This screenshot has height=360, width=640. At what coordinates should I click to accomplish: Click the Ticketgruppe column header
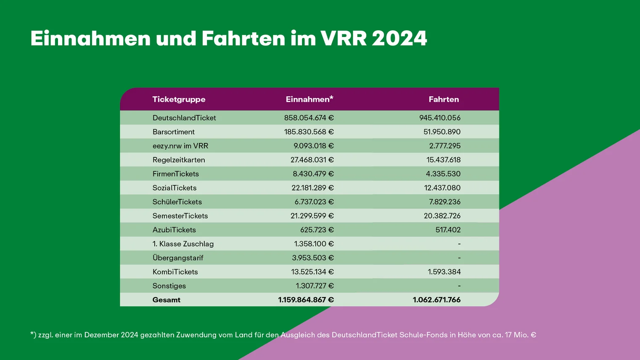(x=179, y=99)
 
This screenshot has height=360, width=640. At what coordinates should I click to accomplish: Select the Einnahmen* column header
(x=309, y=99)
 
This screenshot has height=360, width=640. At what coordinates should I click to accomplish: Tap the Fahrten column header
(x=444, y=99)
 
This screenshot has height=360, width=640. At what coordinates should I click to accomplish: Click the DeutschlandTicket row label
(x=184, y=118)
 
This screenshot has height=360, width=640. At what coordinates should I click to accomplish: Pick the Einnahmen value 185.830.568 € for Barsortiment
(x=309, y=132)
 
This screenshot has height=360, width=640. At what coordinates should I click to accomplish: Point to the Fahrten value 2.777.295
(x=444, y=146)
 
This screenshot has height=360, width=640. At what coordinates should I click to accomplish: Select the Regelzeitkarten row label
(x=179, y=160)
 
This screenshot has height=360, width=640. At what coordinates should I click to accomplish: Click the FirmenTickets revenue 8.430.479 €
(x=313, y=174)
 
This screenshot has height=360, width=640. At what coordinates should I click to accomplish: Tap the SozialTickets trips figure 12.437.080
(x=442, y=188)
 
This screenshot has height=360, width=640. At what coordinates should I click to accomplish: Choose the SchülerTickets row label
(x=177, y=202)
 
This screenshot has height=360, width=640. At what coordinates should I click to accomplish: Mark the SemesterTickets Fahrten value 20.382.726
(x=442, y=216)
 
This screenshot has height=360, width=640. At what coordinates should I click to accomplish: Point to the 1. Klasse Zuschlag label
(x=183, y=244)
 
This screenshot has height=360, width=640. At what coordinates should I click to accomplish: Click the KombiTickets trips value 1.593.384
(x=444, y=272)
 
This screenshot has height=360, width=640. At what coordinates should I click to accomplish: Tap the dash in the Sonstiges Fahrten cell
(x=459, y=286)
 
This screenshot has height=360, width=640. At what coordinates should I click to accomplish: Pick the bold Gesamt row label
(x=166, y=300)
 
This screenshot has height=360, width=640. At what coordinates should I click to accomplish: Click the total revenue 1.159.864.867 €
(x=306, y=300)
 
